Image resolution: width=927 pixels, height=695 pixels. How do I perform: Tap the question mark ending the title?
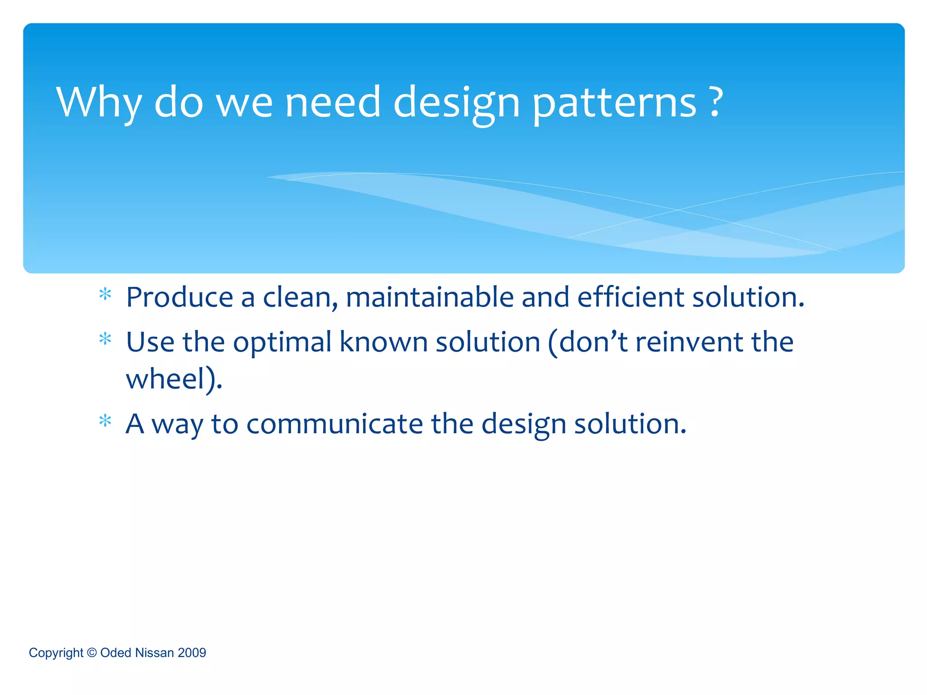coord(715,102)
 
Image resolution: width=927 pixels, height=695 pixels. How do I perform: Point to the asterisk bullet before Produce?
coord(105,295)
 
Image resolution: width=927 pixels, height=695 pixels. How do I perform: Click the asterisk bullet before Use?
coord(105,339)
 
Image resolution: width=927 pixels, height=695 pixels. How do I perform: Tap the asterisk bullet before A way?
coord(105,421)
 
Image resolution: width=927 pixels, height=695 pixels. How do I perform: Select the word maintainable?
coord(430,297)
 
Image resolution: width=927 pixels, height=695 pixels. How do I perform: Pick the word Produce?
coord(179,297)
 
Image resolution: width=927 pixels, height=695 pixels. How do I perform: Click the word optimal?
coord(282,343)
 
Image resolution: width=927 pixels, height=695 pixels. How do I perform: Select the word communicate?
coord(334,424)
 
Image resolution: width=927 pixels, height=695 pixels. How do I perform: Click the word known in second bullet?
coord(383,342)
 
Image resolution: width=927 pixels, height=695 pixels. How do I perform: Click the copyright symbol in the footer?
coord(92,652)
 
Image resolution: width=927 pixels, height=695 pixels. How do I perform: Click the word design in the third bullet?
coord(523,425)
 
